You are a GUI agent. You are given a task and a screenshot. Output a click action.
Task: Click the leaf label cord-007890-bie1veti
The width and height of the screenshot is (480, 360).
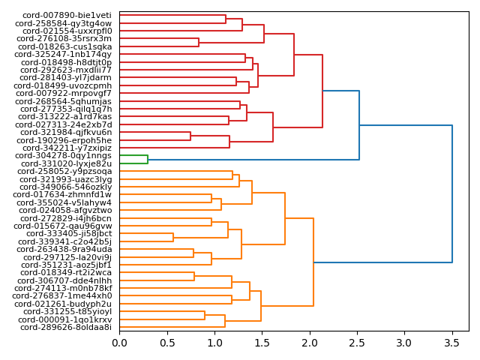coord(67,15)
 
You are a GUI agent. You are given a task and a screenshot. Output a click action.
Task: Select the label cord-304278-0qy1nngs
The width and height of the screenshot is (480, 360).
coord(68,155)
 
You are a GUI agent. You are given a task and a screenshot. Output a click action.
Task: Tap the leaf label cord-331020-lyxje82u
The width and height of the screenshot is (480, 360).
coord(67,163)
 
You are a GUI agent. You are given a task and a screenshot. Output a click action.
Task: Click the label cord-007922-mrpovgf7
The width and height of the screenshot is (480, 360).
coord(68,93)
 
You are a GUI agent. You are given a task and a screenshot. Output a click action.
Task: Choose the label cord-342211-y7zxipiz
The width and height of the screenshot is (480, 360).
coord(68,148)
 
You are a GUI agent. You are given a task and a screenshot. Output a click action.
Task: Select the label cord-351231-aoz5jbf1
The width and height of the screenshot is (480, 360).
coord(67,265)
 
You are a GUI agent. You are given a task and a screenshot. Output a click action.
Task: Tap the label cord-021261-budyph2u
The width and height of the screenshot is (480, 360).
coord(67,304)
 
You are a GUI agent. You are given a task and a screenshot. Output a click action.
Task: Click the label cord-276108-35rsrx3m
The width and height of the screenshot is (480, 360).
coord(67,38)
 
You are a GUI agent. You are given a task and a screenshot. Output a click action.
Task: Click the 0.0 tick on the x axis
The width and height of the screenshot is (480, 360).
coord(119,343)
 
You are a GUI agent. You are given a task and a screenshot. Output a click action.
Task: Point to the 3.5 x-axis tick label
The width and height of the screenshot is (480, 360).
coord(452,343)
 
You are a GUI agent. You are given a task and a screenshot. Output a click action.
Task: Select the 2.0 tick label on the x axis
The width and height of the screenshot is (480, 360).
coord(310,343)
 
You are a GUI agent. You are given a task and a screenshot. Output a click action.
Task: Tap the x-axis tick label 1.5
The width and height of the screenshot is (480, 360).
coord(262,343)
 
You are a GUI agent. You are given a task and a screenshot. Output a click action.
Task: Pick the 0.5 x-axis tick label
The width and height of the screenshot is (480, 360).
coord(167,343)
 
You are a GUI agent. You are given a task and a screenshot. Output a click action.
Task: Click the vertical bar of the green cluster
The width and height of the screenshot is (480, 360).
coord(148,159)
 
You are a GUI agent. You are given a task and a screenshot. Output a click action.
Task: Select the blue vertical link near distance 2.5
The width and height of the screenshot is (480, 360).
coord(359,125)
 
